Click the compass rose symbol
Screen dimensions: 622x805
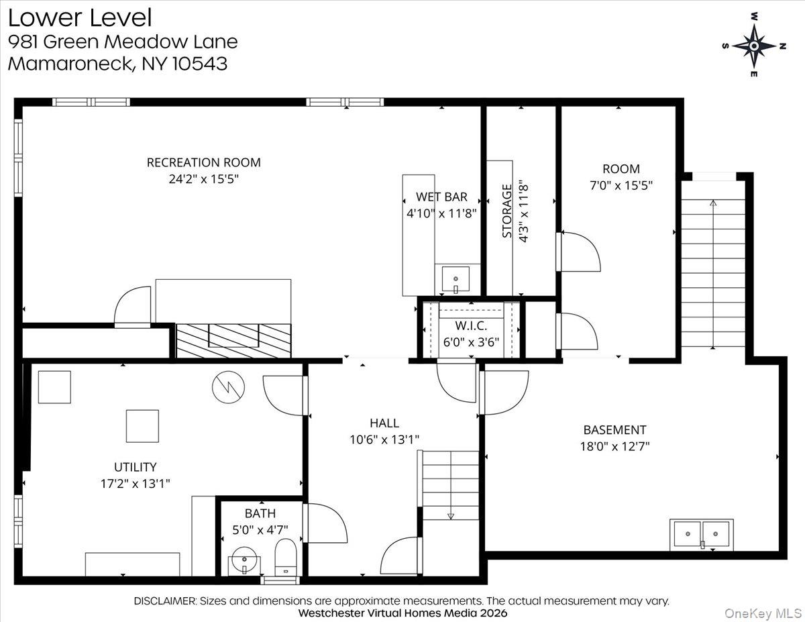click(x=754, y=46)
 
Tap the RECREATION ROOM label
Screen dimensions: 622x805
click(x=203, y=162)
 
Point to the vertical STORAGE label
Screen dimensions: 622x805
click(x=507, y=211)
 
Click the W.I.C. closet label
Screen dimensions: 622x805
click(x=470, y=325)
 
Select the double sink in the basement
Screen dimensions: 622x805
click(x=702, y=535)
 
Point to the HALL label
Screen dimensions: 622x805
click(x=384, y=423)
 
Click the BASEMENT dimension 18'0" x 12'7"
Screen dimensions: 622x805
click(x=614, y=446)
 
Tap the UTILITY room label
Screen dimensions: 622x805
click(x=135, y=467)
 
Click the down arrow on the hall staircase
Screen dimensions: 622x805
click(x=450, y=515)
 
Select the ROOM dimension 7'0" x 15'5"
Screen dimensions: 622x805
click(x=621, y=185)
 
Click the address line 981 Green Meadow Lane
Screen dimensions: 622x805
click(x=123, y=42)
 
